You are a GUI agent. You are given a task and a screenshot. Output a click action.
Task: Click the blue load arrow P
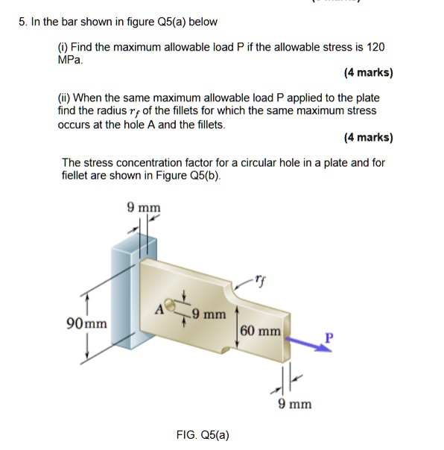(305, 346)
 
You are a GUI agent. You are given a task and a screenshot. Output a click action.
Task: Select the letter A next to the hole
(158, 308)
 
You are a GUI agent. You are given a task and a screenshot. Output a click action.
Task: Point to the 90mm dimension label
(86, 324)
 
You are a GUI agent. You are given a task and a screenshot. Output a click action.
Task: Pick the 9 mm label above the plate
(144, 207)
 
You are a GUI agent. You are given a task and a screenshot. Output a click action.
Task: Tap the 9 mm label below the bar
(294, 404)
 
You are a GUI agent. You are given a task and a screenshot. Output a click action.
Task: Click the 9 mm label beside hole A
(209, 314)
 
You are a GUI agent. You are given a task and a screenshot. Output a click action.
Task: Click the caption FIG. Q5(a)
(203, 434)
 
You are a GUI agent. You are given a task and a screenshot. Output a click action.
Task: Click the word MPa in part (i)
(70, 59)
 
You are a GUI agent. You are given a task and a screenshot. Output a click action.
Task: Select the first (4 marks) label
(368, 73)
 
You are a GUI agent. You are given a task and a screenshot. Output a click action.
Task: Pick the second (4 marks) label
(368, 137)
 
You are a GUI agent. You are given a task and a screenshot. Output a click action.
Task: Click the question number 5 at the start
(22, 21)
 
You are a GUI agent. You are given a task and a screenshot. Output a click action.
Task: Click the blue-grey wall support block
(123, 298)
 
